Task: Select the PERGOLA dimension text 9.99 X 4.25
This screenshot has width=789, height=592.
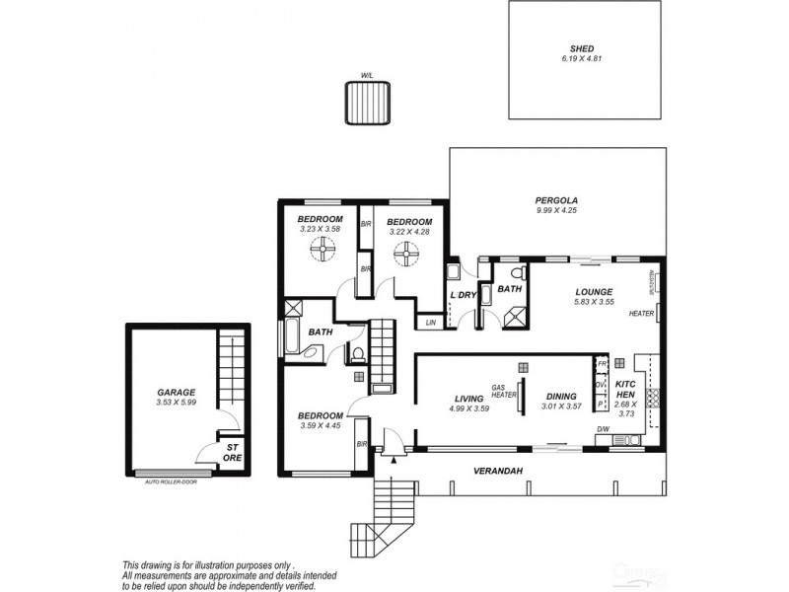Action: (555, 210)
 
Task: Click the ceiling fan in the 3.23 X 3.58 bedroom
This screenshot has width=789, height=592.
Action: (321, 255)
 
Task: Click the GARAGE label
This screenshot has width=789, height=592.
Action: (177, 392)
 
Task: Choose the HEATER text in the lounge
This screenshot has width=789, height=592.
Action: (641, 314)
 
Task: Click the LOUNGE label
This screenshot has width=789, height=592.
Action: (595, 292)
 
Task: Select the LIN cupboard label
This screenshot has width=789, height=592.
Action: (431, 323)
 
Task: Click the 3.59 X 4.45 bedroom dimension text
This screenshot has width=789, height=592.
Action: (321, 426)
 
